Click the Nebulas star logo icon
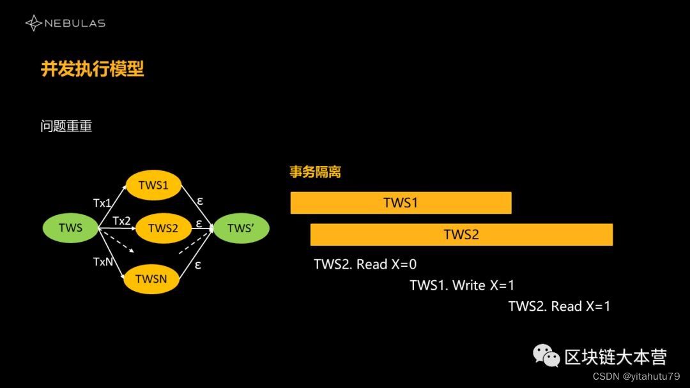(x=33, y=24)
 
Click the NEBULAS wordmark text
(x=75, y=24)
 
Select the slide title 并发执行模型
(x=93, y=69)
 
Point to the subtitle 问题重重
(x=66, y=126)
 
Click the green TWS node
(x=70, y=228)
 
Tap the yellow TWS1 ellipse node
(x=153, y=185)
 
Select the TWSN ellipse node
(x=151, y=278)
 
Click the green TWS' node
(x=241, y=228)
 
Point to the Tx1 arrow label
(x=102, y=203)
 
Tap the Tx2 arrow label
(x=121, y=221)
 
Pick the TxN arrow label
(x=103, y=262)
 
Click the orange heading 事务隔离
(x=315, y=172)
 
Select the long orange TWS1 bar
(x=401, y=203)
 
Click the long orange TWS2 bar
(x=461, y=234)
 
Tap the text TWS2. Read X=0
(x=365, y=264)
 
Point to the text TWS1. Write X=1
(x=462, y=285)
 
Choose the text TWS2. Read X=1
(x=559, y=306)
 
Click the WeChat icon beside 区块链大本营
(x=546, y=356)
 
